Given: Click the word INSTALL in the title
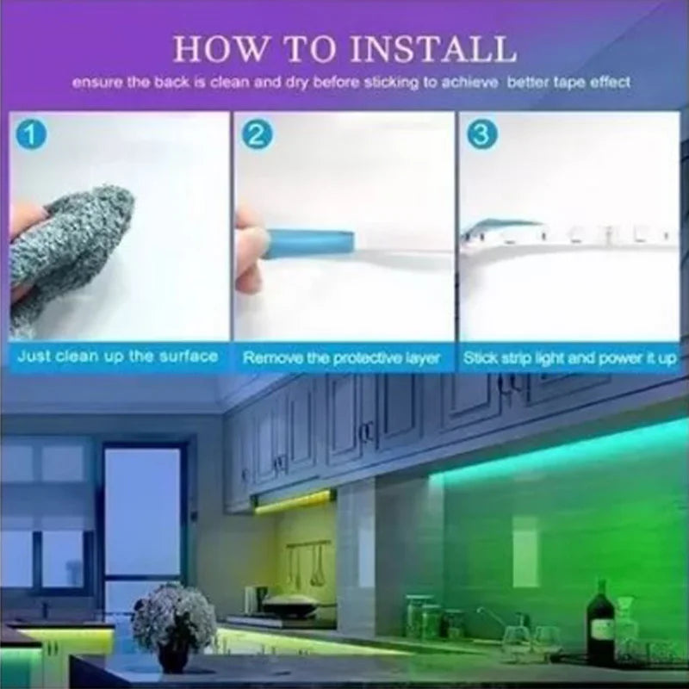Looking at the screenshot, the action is [432, 49].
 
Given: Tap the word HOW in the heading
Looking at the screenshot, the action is [219, 49].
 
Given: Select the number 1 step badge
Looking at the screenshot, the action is [31, 135].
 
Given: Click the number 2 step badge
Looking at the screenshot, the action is [257, 135].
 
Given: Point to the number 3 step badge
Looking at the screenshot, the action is [482, 135].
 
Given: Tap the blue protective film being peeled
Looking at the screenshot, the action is [310, 243].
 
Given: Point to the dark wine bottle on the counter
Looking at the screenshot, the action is [601, 620].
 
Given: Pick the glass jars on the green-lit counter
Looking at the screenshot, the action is [427, 614].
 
